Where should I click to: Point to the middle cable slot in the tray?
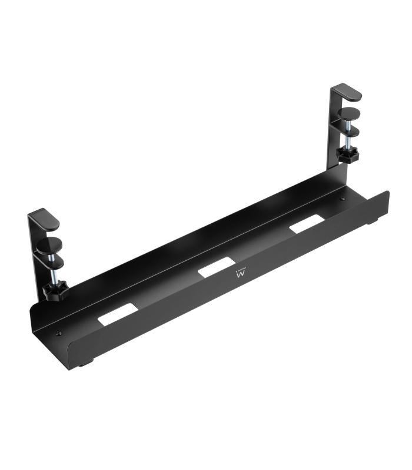pos(217,268)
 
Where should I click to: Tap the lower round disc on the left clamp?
pos(51,259)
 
